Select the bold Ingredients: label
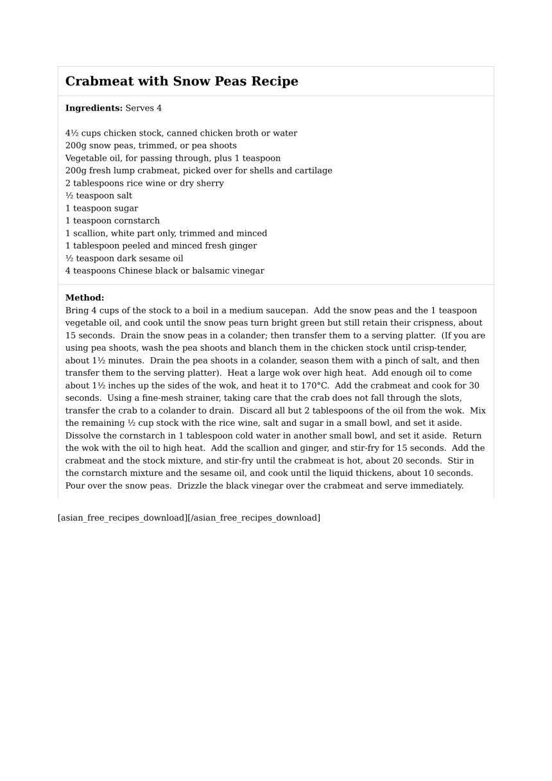coord(94,108)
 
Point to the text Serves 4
coord(144,108)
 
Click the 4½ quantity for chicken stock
coord(72,133)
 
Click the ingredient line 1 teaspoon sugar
coord(101,208)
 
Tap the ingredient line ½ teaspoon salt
coord(98,196)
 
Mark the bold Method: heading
coord(85,298)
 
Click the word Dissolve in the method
coord(84,435)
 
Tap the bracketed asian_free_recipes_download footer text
coord(189,518)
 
